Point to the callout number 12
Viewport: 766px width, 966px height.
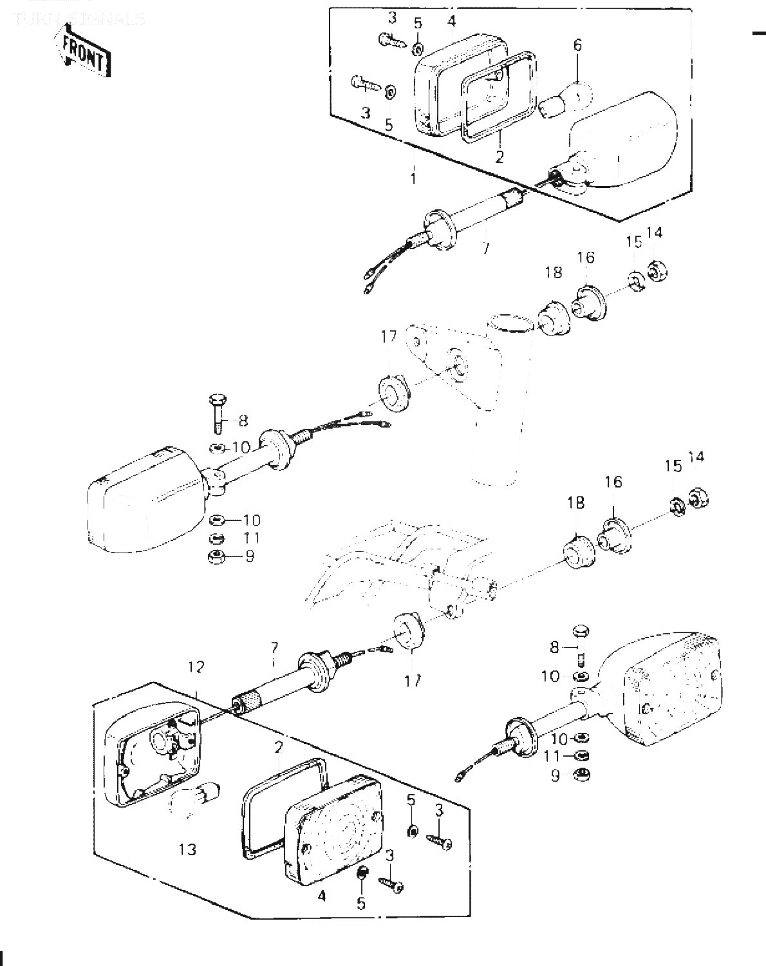pos(196,667)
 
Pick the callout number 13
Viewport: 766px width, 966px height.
pos(187,849)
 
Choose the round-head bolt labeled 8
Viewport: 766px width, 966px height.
pos(580,634)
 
